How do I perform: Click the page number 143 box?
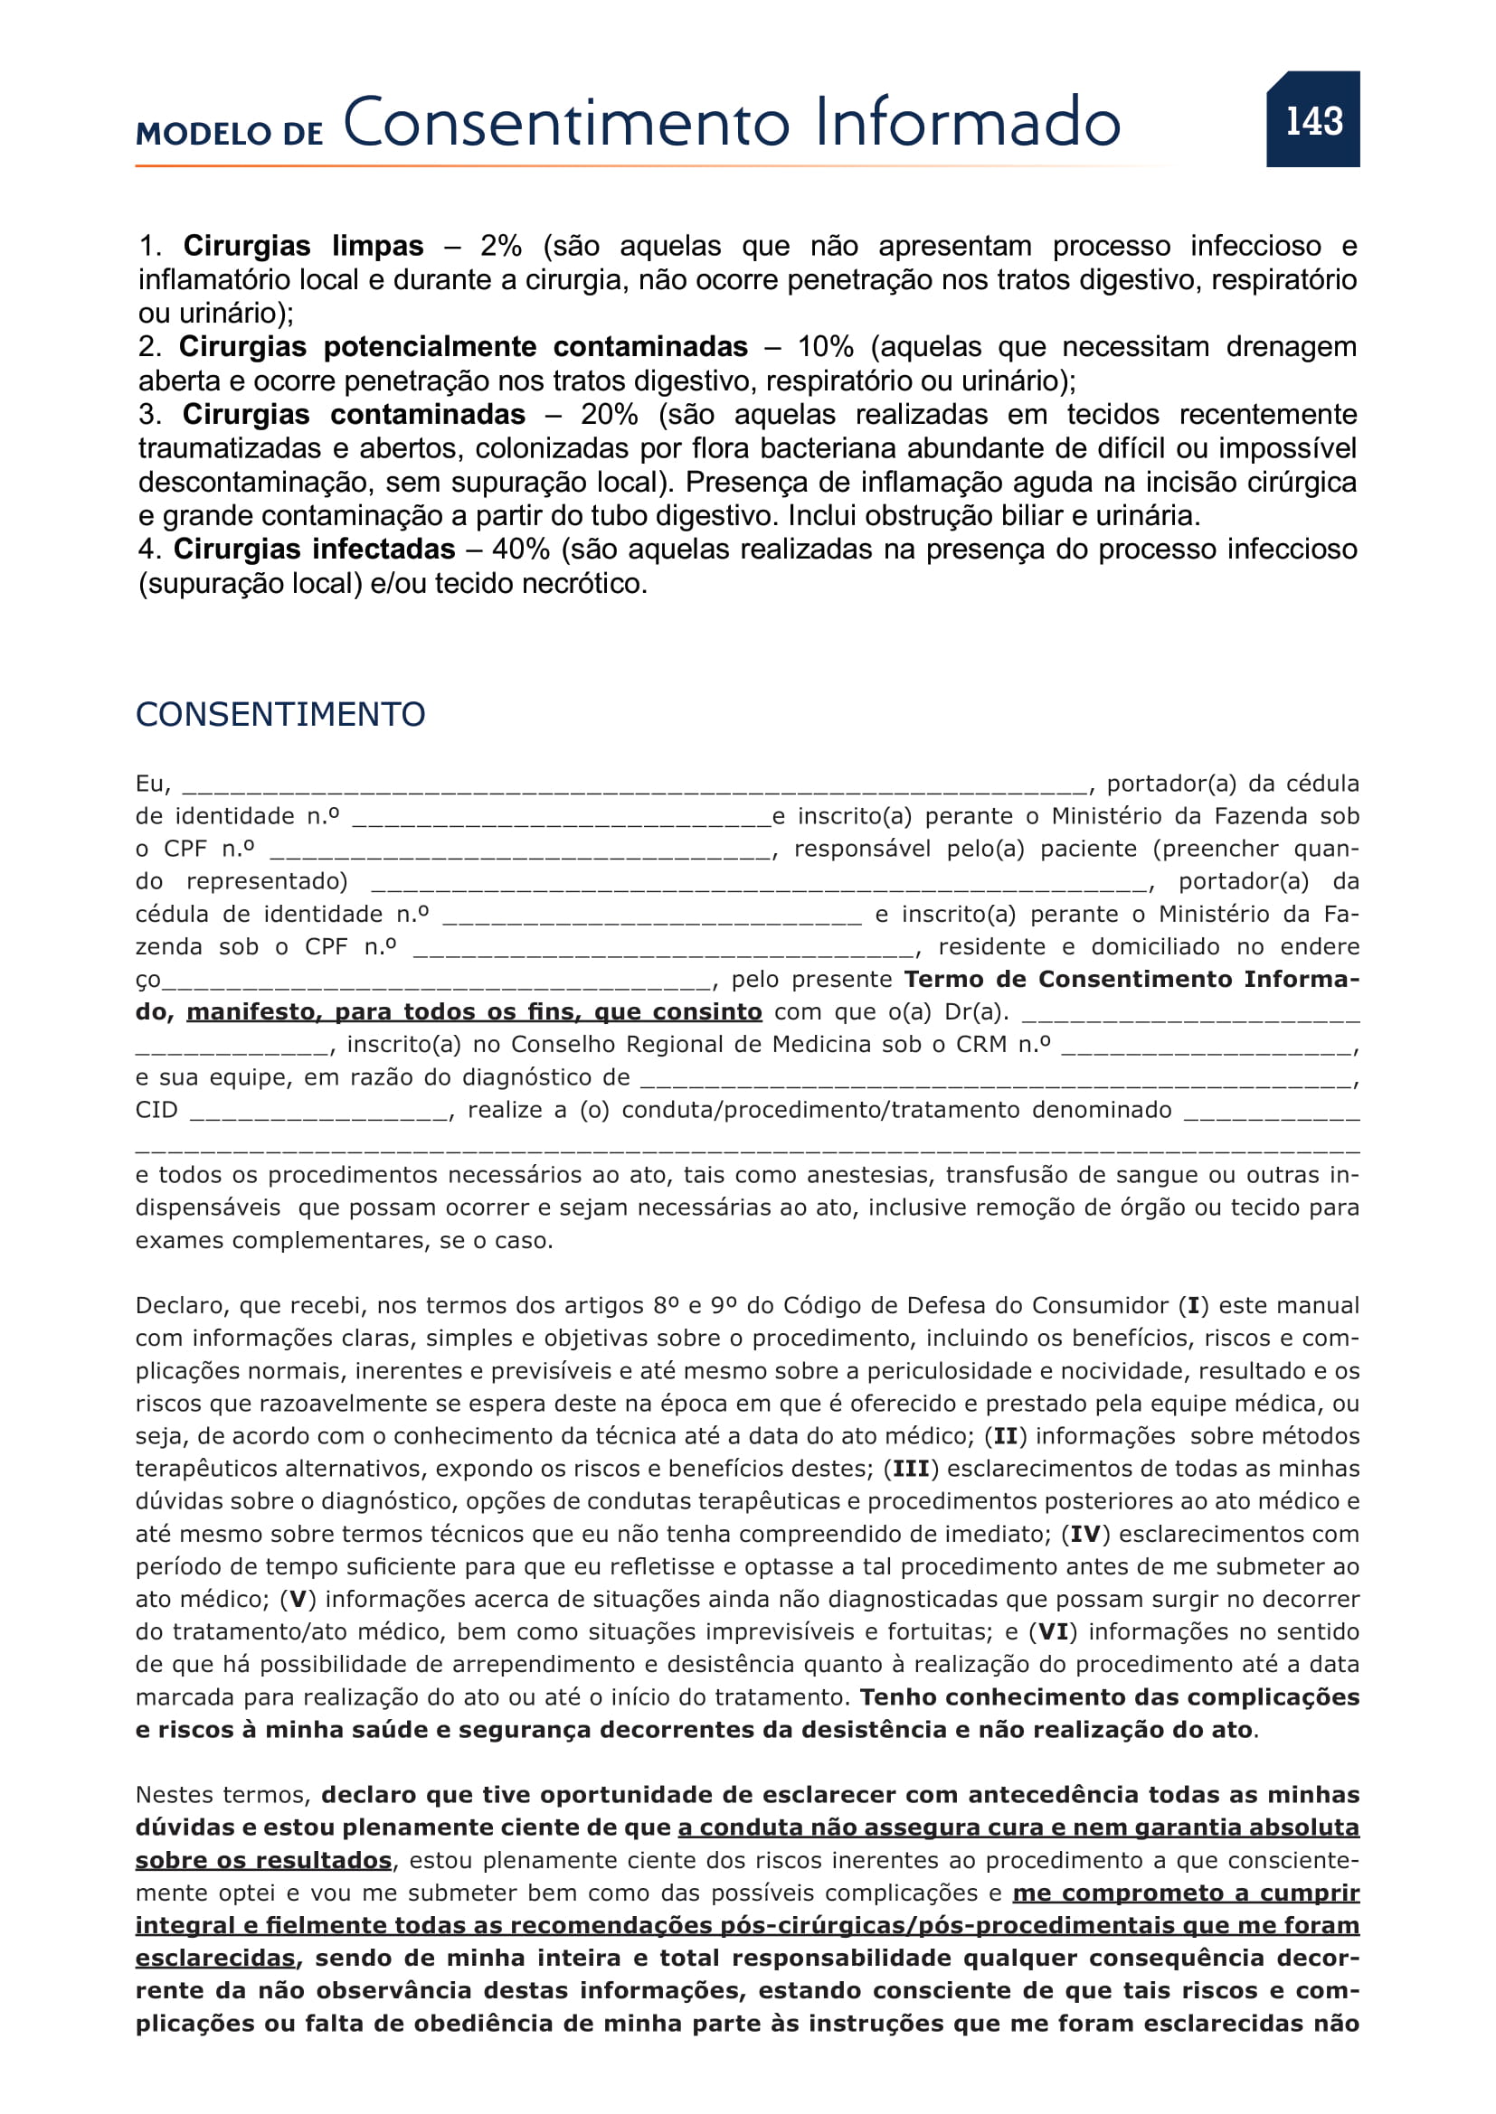click(1311, 119)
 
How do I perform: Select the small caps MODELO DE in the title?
click(230, 134)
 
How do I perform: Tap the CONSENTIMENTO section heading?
click(280, 715)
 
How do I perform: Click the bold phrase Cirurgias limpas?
click(303, 246)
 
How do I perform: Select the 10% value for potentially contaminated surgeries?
click(825, 347)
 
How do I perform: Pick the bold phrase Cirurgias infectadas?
click(314, 550)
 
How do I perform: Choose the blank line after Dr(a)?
click(1190, 1015)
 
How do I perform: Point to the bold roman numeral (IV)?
click(1085, 1535)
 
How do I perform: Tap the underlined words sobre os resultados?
click(263, 1861)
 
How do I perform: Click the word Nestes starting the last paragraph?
click(178, 1796)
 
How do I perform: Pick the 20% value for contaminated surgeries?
click(609, 414)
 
